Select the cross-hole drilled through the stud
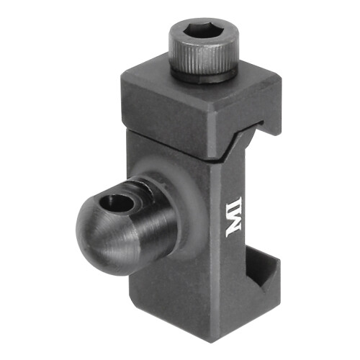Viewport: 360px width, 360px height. tap(117, 203)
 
